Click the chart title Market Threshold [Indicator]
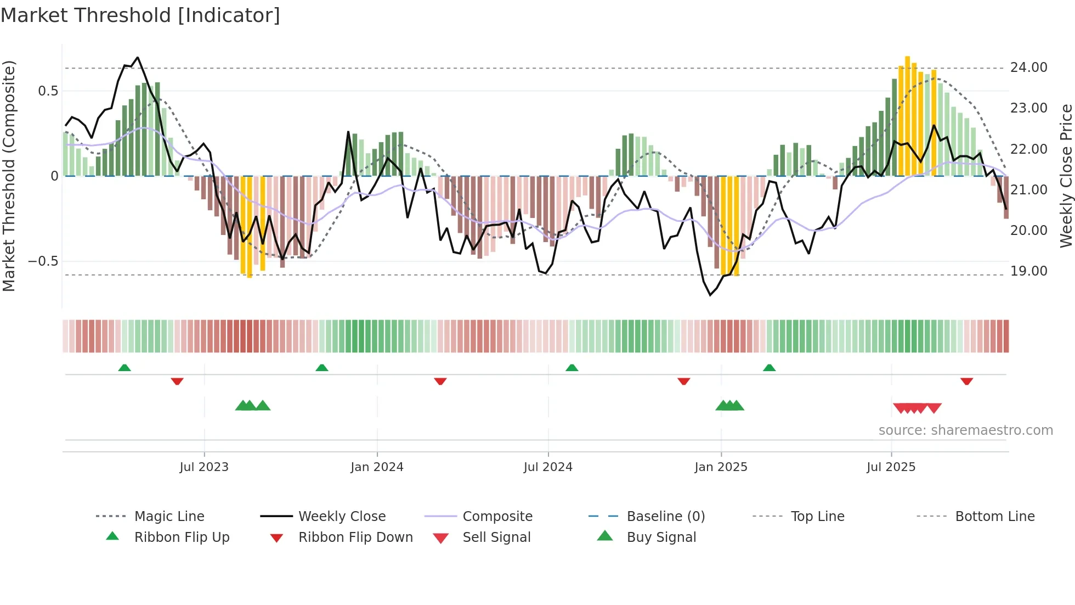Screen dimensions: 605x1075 tap(140, 15)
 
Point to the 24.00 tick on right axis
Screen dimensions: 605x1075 tap(1028, 68)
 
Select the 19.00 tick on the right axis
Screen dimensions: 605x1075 tap(1028, 271)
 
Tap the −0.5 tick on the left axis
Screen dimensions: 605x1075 tap(43, 261)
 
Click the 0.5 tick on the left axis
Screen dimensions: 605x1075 tap(48, 91)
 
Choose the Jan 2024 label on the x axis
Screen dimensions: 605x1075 tap(377, 467)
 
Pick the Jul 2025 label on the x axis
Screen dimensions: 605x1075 tap(891, 467)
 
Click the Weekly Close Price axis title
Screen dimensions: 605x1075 tap(1066, 176)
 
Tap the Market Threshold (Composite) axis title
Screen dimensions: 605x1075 tap(9, 176)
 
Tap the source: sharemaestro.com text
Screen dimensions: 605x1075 tap(965, 430)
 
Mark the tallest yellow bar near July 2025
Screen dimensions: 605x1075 tap(907, 115)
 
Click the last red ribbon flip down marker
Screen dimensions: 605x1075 tap(966, 381)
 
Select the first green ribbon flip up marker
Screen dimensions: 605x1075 tap(125, 368)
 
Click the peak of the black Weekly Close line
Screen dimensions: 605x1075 tap(138, 57)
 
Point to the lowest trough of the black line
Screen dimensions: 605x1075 tap(710, 295)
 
